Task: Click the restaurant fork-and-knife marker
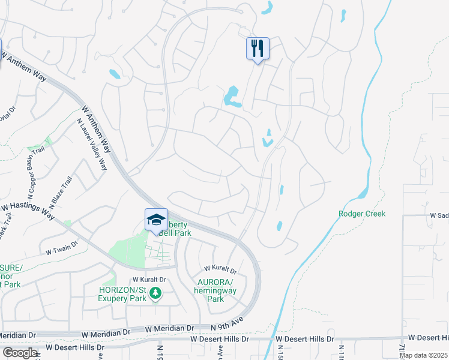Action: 258,49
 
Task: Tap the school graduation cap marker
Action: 156,220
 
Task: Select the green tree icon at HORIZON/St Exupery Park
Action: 155,293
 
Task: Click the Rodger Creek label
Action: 361,214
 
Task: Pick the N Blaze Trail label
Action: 60,192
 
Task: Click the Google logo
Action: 19,353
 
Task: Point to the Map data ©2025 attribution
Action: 423,355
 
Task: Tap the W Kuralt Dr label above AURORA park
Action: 220,269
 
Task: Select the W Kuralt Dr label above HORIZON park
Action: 148,280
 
